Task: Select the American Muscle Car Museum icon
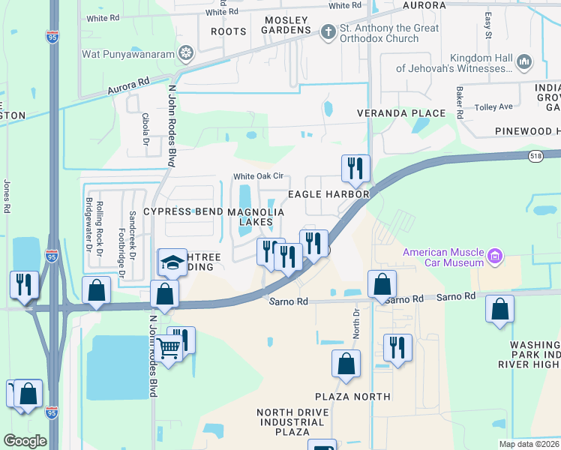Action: point(494,257)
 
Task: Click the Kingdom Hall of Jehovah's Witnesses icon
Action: point(525,62)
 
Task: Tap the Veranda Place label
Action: point(412,113)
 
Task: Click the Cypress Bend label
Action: point(184,212)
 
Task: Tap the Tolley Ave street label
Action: point(493,106)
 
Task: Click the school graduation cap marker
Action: point(172,262)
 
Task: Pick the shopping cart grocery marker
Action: point(170,347)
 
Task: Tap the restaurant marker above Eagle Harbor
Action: point(355,168)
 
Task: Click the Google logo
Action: point(25,441)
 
